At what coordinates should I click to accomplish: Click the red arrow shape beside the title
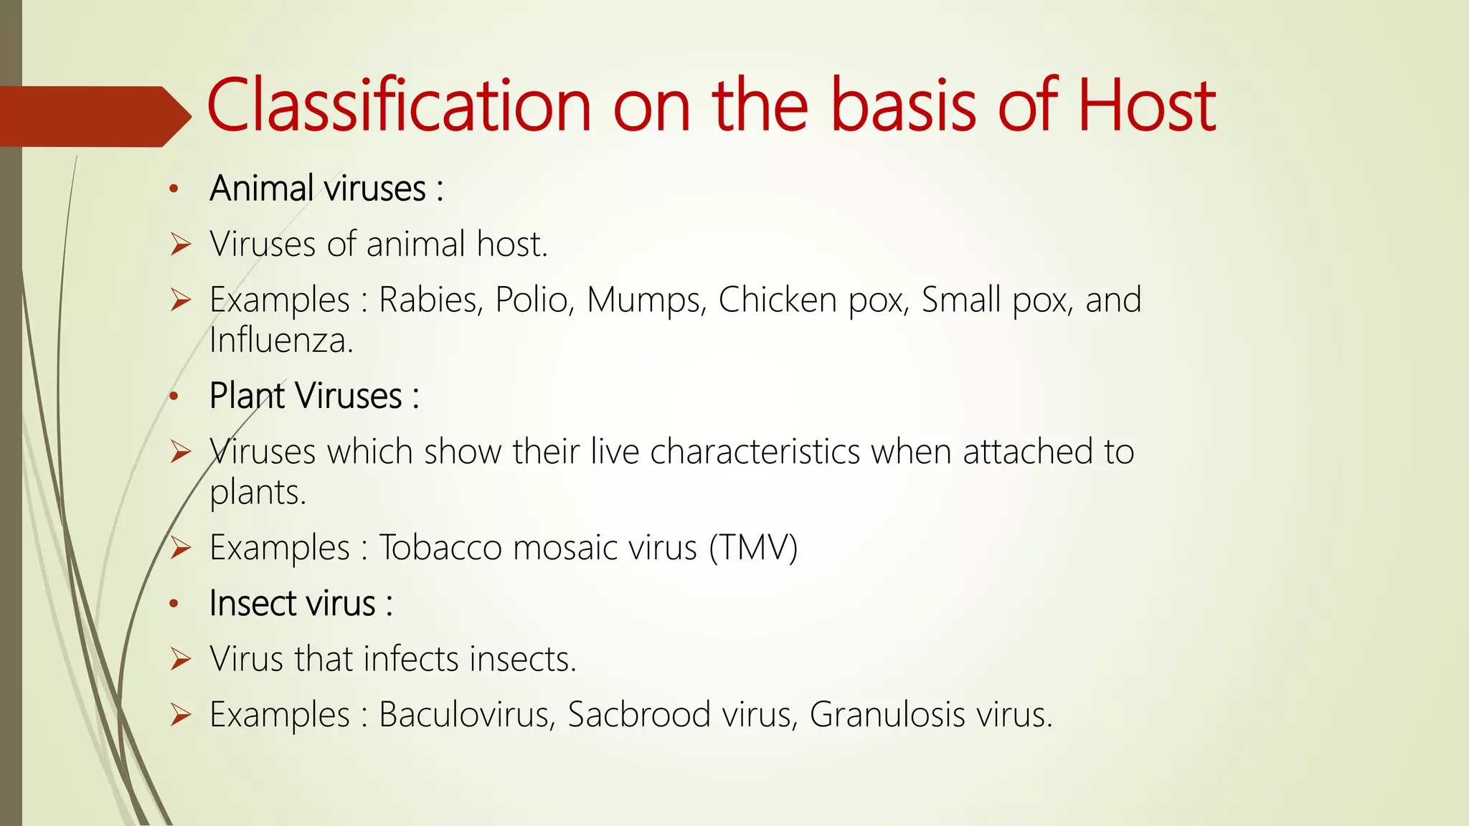coord(93,116)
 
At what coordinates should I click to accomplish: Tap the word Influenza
coord(281,340)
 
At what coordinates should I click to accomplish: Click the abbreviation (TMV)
coord(753,549)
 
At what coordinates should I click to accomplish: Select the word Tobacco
coord(440,549)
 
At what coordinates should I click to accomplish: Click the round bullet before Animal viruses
coord(173,190)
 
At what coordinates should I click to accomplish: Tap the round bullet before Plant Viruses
coord(173,397)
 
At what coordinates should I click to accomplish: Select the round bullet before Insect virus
coord(173,604)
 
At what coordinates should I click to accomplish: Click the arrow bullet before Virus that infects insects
coord(181,659)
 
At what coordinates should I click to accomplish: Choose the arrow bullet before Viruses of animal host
coord(181,245)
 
